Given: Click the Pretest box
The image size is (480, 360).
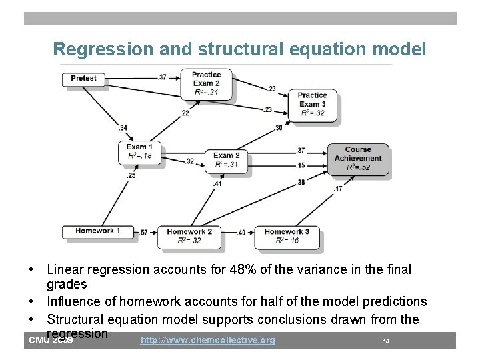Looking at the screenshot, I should pos(83,78).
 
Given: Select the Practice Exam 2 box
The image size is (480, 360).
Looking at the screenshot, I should pos(206,83).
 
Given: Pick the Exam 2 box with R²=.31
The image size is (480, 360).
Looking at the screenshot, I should pos(227,160).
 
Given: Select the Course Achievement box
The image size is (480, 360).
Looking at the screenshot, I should pos(358,159).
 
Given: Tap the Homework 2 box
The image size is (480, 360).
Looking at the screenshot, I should pos(189,236).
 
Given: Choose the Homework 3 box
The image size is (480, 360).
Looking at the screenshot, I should pos(287,236).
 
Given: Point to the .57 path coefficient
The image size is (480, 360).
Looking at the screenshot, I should pos(144,233).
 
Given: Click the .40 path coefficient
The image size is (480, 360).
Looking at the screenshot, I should pos(241,233).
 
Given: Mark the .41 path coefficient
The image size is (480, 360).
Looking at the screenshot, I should pos(217,183).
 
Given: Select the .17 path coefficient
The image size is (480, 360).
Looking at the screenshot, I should pos(338,189).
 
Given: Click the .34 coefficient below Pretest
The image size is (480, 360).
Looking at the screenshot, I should pos(123,128).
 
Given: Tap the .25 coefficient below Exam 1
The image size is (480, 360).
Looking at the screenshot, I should pos(131,175).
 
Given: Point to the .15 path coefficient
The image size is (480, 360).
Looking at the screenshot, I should pos(300,165).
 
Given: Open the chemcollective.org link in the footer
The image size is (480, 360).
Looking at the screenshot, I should pos(208,341).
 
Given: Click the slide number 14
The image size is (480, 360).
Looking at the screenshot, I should pos(386,341).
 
